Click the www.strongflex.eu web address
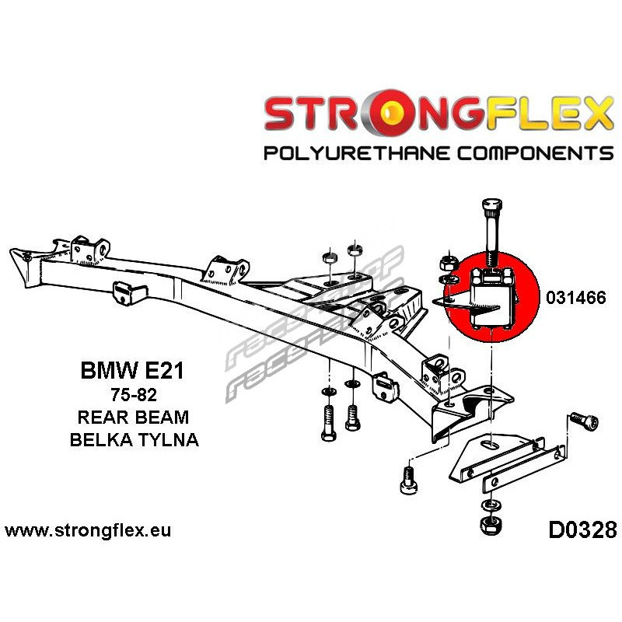[x=88, y=531]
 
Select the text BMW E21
[x=132, y=370]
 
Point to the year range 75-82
[x=132, y=394]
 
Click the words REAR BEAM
[x=132, y=417]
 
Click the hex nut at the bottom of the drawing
[x=489, y=524]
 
